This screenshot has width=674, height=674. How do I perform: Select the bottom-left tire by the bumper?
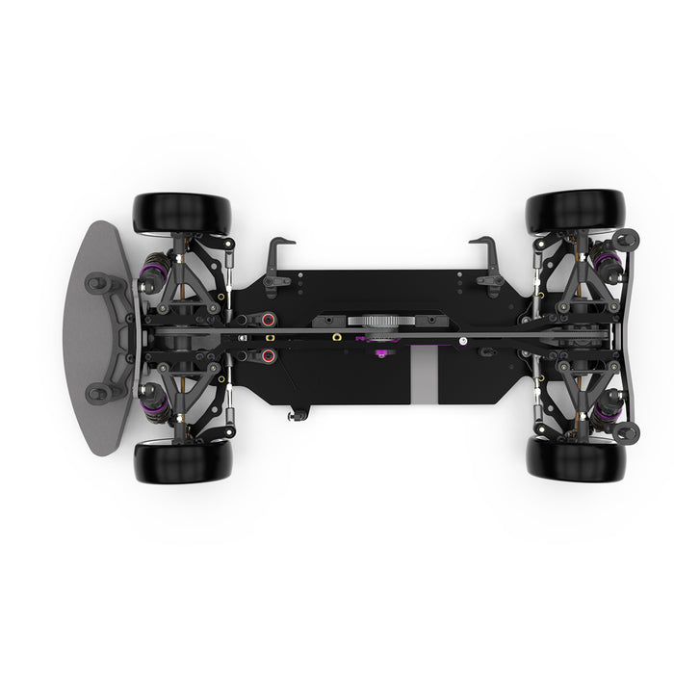pyautogui.click(x=183, y=462)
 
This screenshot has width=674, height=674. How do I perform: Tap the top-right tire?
pyautogui.click(x=576, y=209)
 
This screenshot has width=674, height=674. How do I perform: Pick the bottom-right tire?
pyautogui.click(x=576, y=460)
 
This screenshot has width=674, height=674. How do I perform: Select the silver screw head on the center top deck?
pyautogui.click(x=462, y=339)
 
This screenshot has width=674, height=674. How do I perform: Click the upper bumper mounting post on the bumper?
pyautogui.click(x=97, y=283)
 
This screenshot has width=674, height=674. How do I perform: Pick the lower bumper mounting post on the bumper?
pyautogui.click(x=97, y=392)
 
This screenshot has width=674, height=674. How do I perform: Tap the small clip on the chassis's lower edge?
pyautogui.click(x=299, y=415)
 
